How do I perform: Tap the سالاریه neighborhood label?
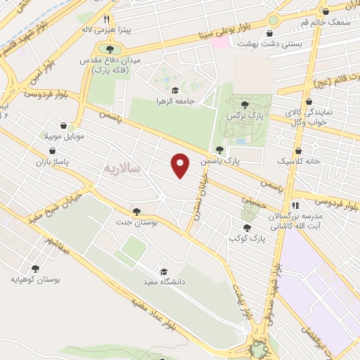[123, 169]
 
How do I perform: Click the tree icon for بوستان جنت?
[136, 211]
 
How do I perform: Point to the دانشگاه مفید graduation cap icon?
[163, 271]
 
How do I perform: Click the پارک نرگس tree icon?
[231, 102]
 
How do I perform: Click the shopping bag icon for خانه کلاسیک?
[300, 150]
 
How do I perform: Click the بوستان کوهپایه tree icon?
[36, 268]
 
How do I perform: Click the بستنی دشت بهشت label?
[250, 44]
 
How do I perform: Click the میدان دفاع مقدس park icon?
[110, 49]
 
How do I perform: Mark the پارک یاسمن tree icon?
[220, 149]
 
